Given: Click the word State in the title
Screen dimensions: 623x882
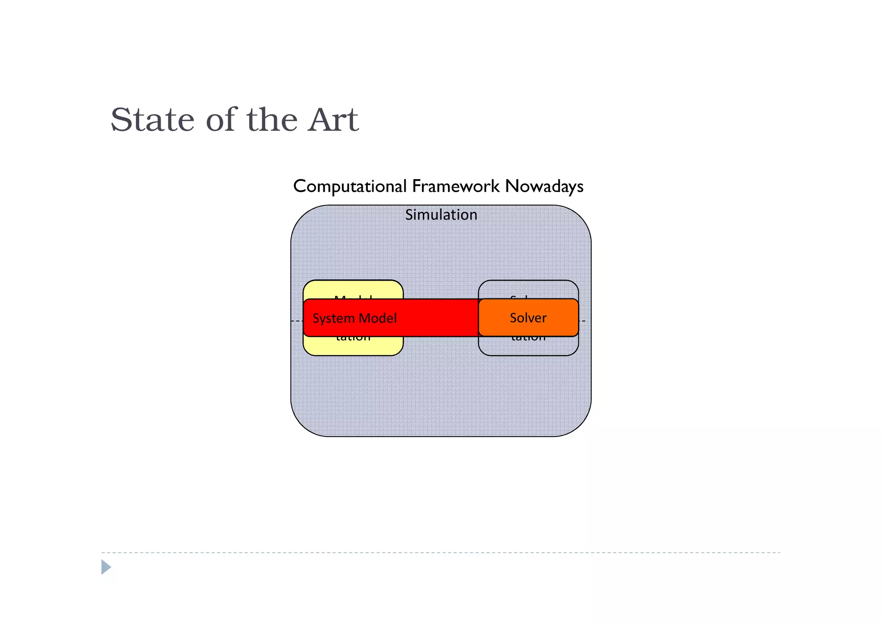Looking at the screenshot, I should (x=152, y=120).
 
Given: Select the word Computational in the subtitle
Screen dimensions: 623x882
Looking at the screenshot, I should (x=350, y=186).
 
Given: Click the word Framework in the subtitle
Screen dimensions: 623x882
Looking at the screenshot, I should (x=456, y=186).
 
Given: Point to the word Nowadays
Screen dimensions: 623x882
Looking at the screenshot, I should (x=544, y=186).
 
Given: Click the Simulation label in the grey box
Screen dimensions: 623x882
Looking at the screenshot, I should (x=441, y=214).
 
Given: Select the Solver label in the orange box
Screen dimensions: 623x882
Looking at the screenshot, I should (x=528, y=318).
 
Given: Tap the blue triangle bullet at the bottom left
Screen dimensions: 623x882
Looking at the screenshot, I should (x=106, y=567).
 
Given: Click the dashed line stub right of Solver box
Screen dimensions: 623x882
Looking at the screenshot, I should (x=582, y=321).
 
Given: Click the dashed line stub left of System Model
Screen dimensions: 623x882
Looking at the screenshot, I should (x=297, y=321).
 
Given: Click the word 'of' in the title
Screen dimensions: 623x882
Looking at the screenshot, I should (x=221, y=120).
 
